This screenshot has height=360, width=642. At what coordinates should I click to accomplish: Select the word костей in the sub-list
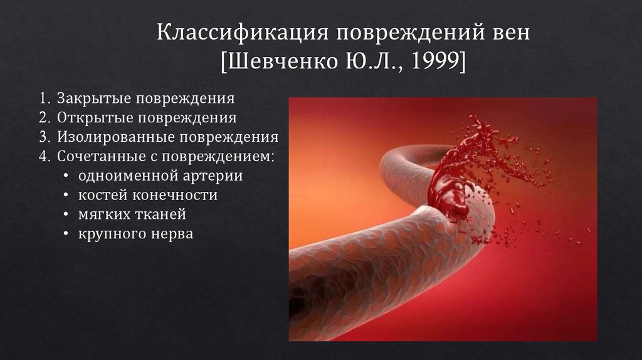(x=102, y=195)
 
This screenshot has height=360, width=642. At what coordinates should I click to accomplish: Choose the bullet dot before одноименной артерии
(x=67, y=176)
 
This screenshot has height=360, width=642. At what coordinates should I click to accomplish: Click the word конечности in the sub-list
(x=174, y=195)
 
